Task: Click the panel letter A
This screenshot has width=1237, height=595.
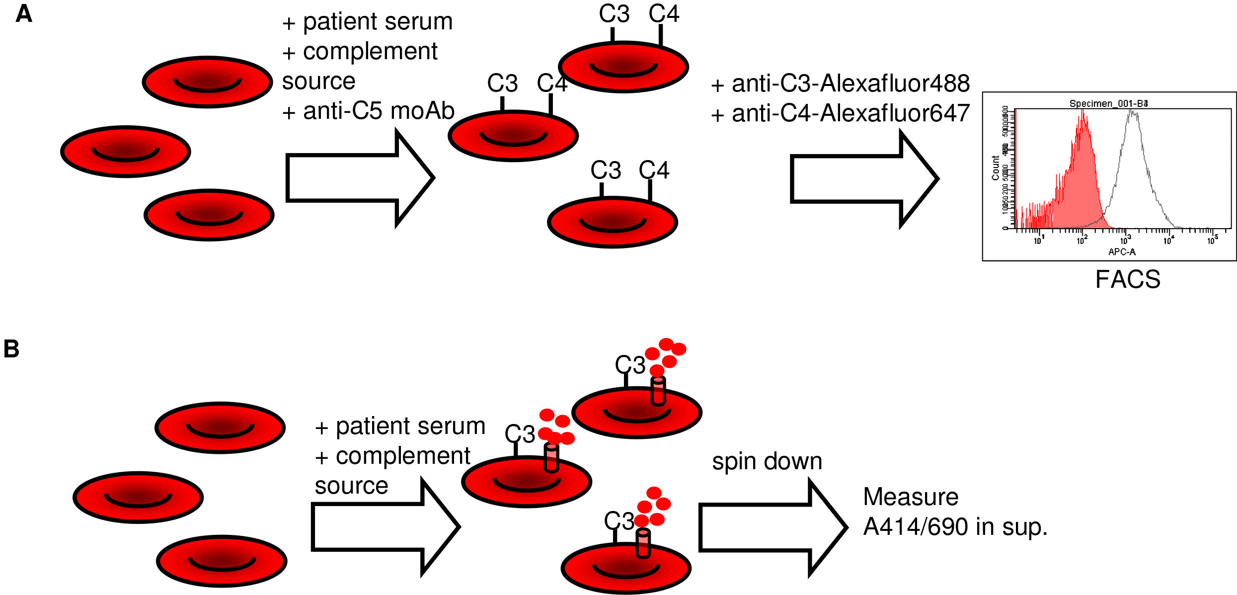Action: [x=24, y=14]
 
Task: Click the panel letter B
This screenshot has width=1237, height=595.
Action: [x=11, y=349]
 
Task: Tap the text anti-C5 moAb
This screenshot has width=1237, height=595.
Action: [x=379, y=111]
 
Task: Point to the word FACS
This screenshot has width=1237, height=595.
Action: [x=1128, y=279]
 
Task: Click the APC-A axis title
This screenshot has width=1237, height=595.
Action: [x=1122, y=252]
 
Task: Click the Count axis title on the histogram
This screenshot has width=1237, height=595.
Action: [x=995, y=168]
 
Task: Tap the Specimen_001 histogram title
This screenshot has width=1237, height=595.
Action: [x=1108, y=103]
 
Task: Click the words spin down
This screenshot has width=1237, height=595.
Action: [x=767, y=461]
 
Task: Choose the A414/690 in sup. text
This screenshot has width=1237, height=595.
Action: [x=955, y=527]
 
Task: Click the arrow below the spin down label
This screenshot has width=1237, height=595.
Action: [x=773, y=527]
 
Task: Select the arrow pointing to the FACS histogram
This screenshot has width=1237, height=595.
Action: [x=864, y=179]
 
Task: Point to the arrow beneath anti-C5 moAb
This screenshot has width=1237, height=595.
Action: [x=360, y=178]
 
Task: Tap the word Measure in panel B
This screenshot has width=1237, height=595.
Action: [x=911, y=497]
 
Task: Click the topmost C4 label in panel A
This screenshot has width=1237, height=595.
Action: [x=664, y=14]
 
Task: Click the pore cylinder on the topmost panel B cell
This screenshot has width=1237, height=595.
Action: [x=658, y=391]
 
